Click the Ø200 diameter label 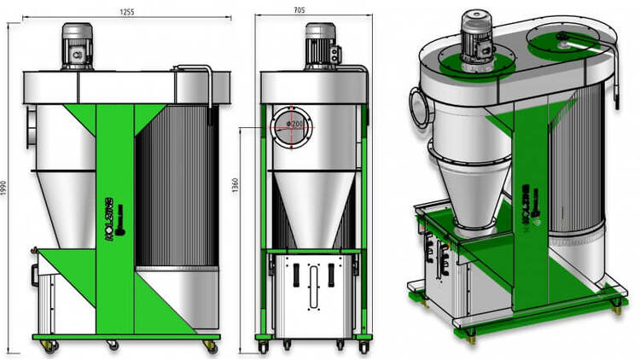coord(297,125)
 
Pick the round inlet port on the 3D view coord(419,107)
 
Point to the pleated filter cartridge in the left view coord(175,188)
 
